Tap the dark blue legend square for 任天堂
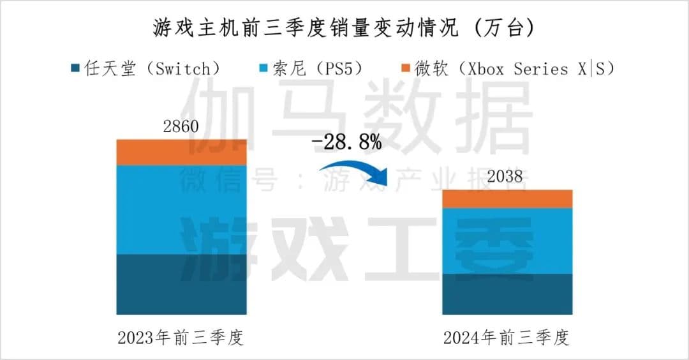pos(75,68)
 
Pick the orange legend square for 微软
pos(405,68)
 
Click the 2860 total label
pos(181,126)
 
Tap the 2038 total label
pos(507,177)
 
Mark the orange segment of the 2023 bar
pos(181,152)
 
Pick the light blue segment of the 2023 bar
pos(181,209)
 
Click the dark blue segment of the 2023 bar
pos(181,284)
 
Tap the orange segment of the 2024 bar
pos(507,199)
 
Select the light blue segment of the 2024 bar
pos(507,241)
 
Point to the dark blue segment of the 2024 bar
pos(507,294)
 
